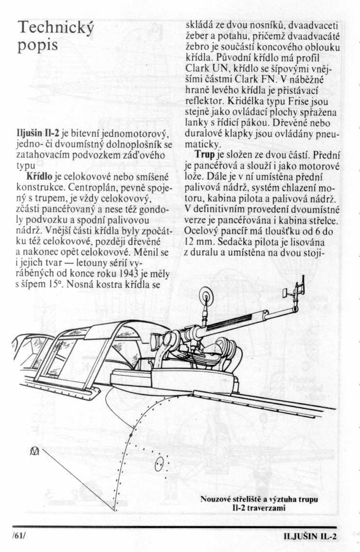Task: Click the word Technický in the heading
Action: click(x=56, y=27)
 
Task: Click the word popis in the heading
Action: click(x=37, y=46)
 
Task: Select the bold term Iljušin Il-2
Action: click(x=38, y=134)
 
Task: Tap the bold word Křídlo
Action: click(x=39, y=177)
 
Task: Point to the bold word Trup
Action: click(x=205, y=154)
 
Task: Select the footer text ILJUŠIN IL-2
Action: click(x=310, y=536)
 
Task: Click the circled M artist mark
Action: click(x=35, y=451)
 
